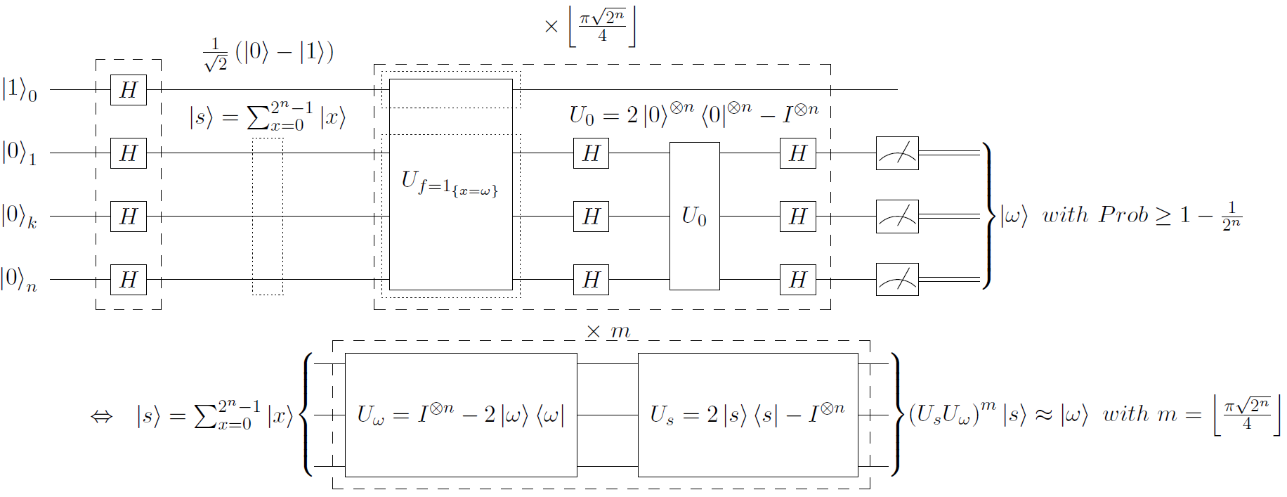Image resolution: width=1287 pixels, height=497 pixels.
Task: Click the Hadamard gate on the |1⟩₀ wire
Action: (129, 90)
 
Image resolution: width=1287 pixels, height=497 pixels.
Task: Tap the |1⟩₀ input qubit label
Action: (20, 90)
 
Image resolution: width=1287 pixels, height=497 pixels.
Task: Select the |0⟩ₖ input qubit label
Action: (20, 216)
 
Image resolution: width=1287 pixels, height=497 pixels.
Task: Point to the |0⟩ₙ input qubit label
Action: (20, 279)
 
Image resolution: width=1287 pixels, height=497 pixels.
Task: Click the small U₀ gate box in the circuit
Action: (694, 216)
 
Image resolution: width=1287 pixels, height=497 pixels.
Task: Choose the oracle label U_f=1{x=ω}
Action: (450, 183)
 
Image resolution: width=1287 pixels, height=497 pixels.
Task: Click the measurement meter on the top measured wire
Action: (897, 153)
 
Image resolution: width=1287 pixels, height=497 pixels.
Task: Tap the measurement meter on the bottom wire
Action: (897, 279)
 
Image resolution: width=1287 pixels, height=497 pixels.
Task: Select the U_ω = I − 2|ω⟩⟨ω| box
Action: (461, 415)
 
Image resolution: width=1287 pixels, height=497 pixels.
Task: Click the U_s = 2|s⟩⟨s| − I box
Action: (747, 415)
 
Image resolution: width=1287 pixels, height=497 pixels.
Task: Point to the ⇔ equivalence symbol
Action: (101, 416)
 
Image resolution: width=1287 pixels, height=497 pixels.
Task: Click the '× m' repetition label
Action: (608, 331)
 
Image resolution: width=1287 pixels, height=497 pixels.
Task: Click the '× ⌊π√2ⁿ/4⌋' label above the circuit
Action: (590, 27)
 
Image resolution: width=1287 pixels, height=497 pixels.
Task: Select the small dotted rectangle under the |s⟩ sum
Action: (268, 217)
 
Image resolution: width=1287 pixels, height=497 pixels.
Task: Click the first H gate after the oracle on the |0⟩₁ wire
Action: (591, 153)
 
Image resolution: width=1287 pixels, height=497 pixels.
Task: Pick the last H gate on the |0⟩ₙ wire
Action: (797, 279)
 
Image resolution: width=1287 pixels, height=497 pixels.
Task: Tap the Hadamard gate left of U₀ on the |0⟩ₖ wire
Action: (591, 216)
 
